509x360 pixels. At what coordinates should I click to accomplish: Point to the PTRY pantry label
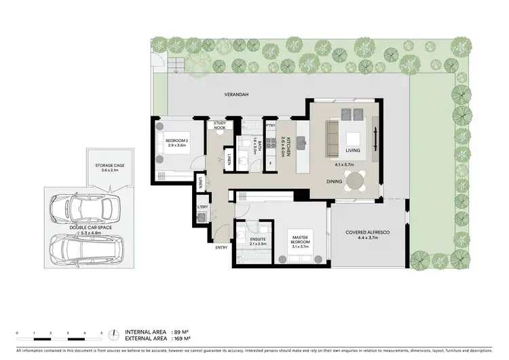coord(271,126)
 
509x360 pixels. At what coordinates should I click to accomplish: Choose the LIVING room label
coord(352,150)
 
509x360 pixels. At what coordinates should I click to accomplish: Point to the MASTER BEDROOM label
coord(300,240)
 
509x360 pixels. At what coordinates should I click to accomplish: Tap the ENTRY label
coord(222,247)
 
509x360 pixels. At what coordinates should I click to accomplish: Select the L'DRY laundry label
coord(202,206)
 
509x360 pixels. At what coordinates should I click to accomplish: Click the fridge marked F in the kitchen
coord(271,164)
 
